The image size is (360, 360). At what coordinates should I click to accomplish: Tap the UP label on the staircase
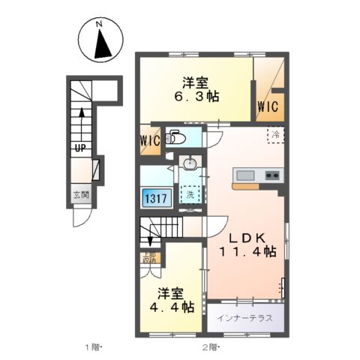pos(78,147)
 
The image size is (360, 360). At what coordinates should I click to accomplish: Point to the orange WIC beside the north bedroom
pos(268,107)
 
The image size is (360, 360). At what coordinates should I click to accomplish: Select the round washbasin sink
pos(190,164)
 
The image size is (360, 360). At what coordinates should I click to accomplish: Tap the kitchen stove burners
pos(271,176)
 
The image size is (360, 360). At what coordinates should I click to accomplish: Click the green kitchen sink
pos(245,176)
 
